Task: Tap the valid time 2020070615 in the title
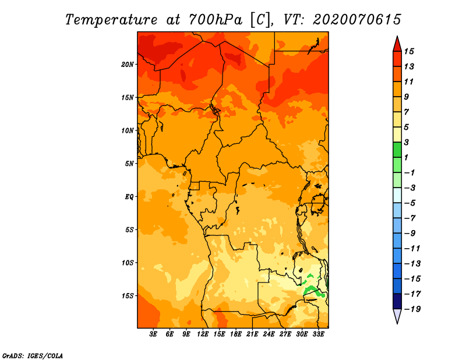coord(356,19)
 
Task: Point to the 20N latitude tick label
coord(128,64)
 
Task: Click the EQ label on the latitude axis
coord(129,197)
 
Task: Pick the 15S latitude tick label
coord(128,296)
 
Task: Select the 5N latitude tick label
coord(129,164)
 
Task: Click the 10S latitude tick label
coord(128,263)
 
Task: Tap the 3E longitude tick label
coord(154,334)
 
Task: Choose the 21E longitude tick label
coord(252,334)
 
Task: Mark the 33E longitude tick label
coord(318,334)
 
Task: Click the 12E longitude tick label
coord(203,334)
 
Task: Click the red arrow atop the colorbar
coord(397,43)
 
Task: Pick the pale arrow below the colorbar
coord(397,316)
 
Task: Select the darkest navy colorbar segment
coord(397,301)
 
